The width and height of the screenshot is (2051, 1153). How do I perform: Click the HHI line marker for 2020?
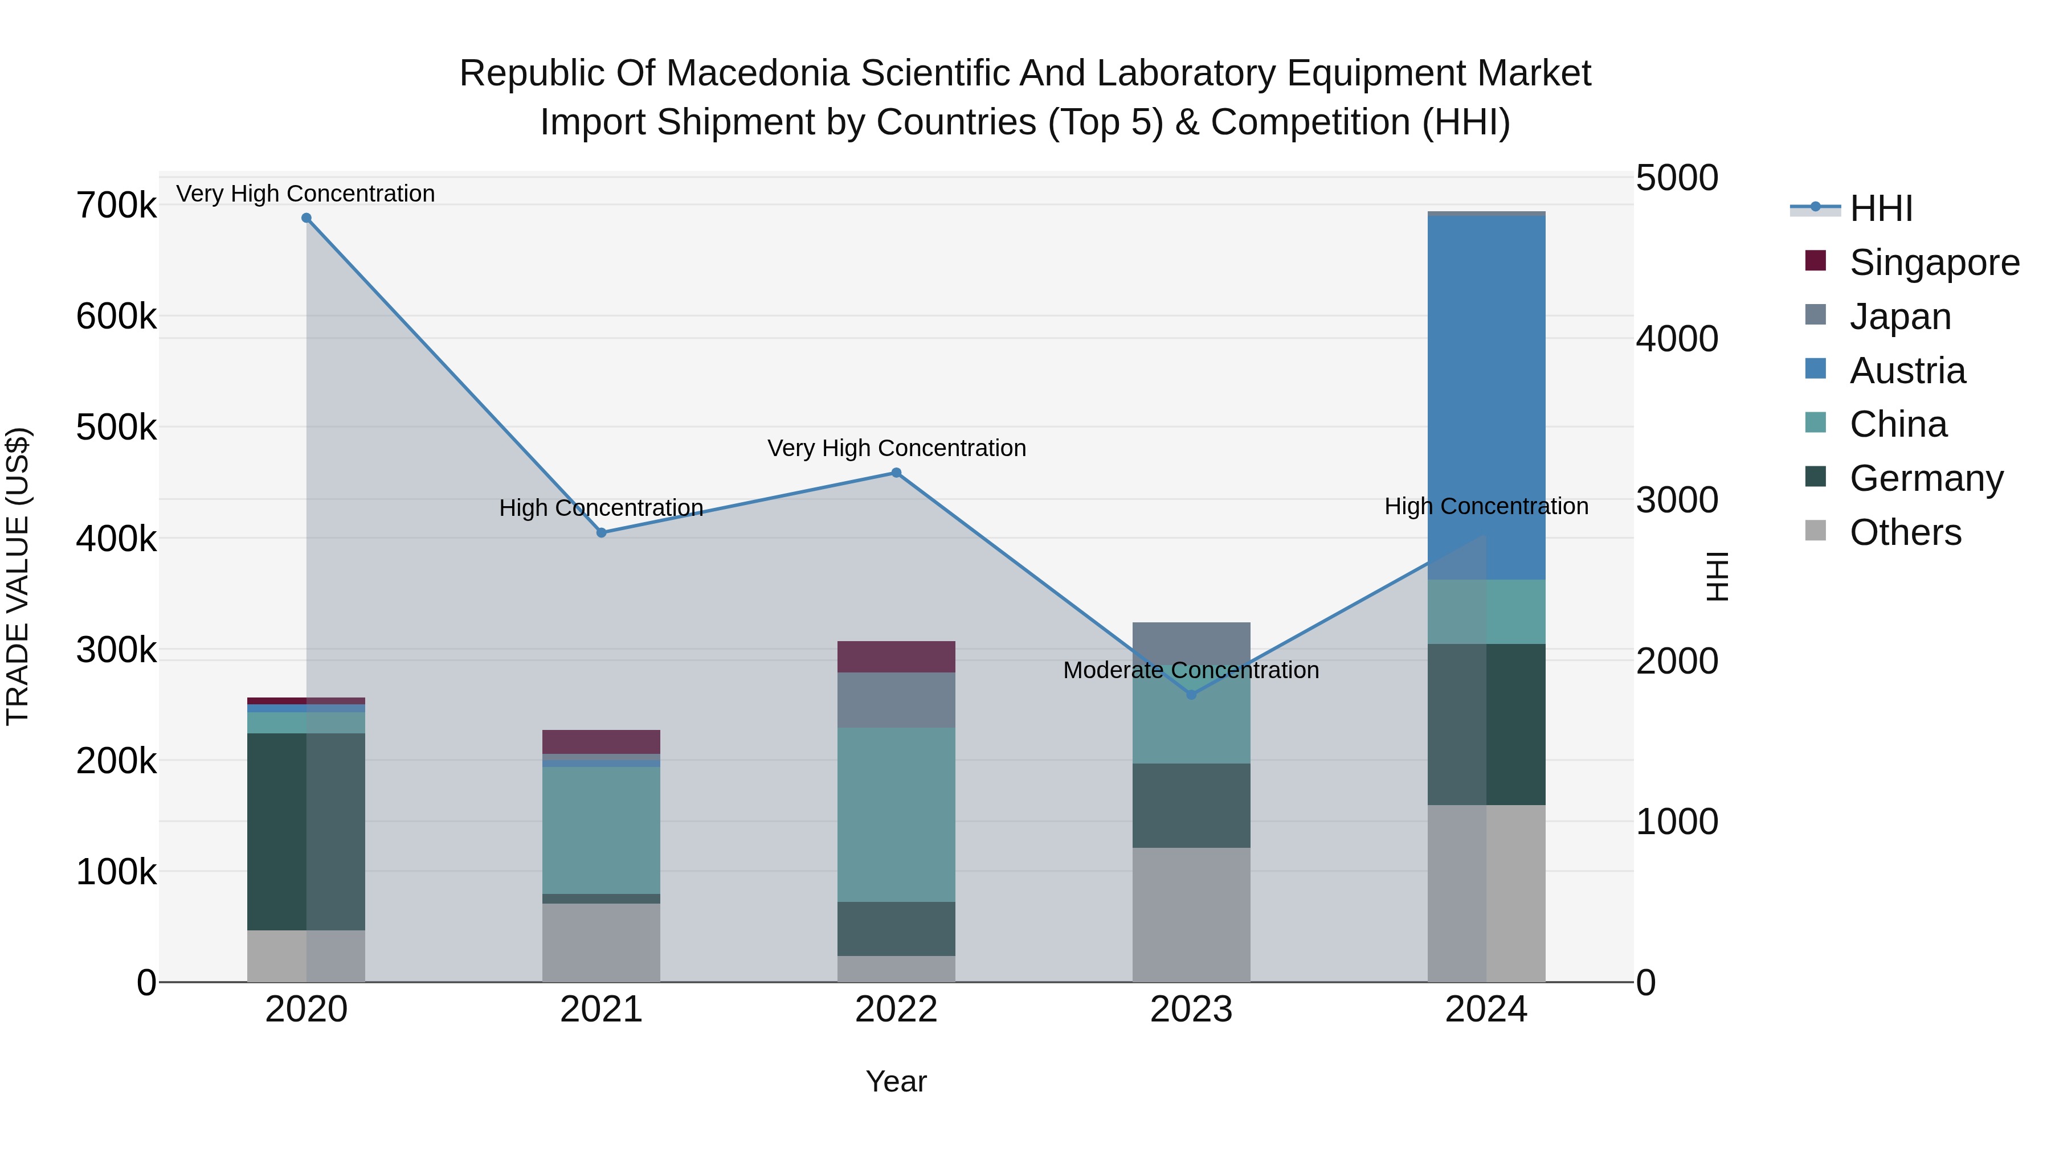(x=307, y=218)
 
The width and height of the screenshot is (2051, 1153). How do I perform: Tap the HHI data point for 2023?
(x=1191, y=695)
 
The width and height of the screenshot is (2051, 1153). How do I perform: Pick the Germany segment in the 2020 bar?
(x=306, y=831)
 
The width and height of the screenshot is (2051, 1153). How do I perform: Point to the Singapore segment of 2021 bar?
(x=601, y=741)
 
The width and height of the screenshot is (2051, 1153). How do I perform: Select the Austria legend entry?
(x=1907, y=371)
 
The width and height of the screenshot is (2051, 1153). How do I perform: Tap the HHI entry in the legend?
(x=1881, y=208)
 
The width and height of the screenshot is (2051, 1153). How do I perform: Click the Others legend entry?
(x=1905, y=532)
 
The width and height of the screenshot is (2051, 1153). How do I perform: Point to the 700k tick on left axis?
(x=116, y=206)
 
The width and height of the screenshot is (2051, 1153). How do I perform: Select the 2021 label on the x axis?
(x=601, y=1010)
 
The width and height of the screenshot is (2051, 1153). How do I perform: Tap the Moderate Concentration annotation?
(x=1191, y=670)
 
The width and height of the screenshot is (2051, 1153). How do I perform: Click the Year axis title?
(x=896, y=1081)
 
